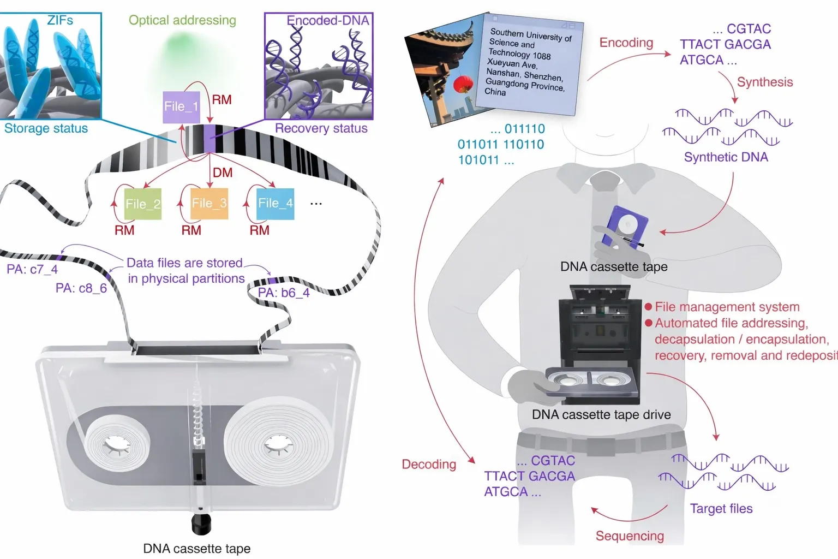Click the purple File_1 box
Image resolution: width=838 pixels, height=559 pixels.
[x=181, y=106]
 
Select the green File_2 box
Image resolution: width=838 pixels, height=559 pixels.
[x=143, y=204]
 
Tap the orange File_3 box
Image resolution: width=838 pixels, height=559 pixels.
[x=209, y=203]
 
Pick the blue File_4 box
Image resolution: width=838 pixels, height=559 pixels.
[x=276, y=203]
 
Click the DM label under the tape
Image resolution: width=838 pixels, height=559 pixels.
[x=223, y=173]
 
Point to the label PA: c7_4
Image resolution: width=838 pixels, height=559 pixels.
[x=32, y=269]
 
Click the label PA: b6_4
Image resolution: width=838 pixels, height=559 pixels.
[x=284, y=293]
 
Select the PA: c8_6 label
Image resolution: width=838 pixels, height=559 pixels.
[x=81, y=288]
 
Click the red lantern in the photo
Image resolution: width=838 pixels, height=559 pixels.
[x=463, y=84]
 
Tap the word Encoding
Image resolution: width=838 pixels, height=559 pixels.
[x=626, y=43]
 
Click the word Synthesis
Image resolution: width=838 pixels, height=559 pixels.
[x=765, y=82]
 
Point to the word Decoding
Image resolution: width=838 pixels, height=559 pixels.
[x=429, y=464]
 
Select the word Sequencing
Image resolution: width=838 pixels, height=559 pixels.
[x=630, y=536]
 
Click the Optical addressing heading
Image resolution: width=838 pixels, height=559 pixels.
[x=182, y=20]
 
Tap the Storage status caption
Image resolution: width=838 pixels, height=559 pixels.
[x=46, y=128]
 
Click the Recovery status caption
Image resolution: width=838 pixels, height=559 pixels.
[x=321, y=128]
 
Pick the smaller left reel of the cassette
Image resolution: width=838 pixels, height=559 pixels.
[x=117, y=447]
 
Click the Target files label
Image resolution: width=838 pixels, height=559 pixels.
[x=721, y=508]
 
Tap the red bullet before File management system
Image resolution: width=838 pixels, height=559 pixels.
[x=648, y=307]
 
